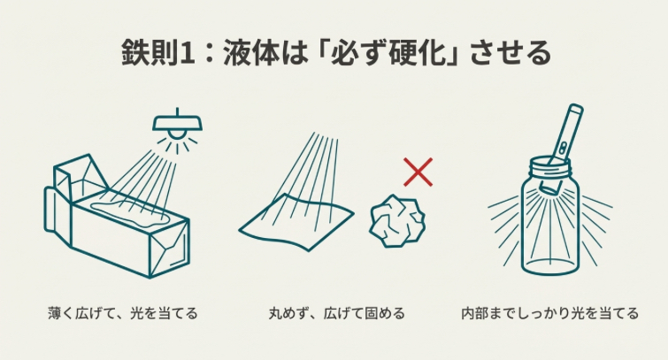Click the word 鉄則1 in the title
153,51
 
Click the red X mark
418,172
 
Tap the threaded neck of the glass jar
550,168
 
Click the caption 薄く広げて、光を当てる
123,313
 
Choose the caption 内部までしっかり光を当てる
550,313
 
